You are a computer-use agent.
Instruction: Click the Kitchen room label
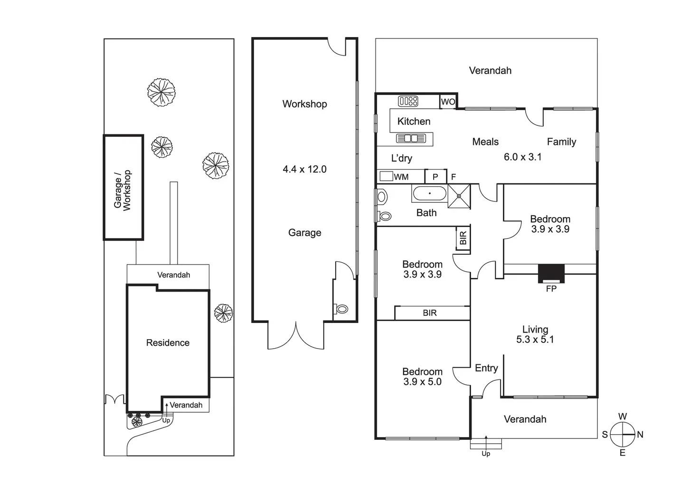414,121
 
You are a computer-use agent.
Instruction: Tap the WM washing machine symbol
386,176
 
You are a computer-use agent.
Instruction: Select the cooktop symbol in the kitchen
408,101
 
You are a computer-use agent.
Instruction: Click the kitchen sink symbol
411,138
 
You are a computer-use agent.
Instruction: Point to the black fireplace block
551,274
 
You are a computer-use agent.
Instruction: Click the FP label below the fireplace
551,289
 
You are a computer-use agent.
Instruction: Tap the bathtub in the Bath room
429,194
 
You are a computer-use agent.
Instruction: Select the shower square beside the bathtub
459,196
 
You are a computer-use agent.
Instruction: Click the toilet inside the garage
341,309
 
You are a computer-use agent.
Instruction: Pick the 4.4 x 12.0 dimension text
304,169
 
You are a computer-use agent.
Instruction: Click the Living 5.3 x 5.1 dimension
535,340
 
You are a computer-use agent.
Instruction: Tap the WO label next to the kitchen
448,102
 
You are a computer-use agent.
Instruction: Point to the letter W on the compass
622,417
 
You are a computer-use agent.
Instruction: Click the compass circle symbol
622,434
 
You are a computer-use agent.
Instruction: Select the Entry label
486,368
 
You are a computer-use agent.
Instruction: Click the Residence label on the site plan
168,342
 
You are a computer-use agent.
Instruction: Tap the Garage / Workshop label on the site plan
122,190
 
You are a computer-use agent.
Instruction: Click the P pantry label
435,177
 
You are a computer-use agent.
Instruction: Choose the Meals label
485,142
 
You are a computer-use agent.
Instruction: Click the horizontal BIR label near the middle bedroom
430,313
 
